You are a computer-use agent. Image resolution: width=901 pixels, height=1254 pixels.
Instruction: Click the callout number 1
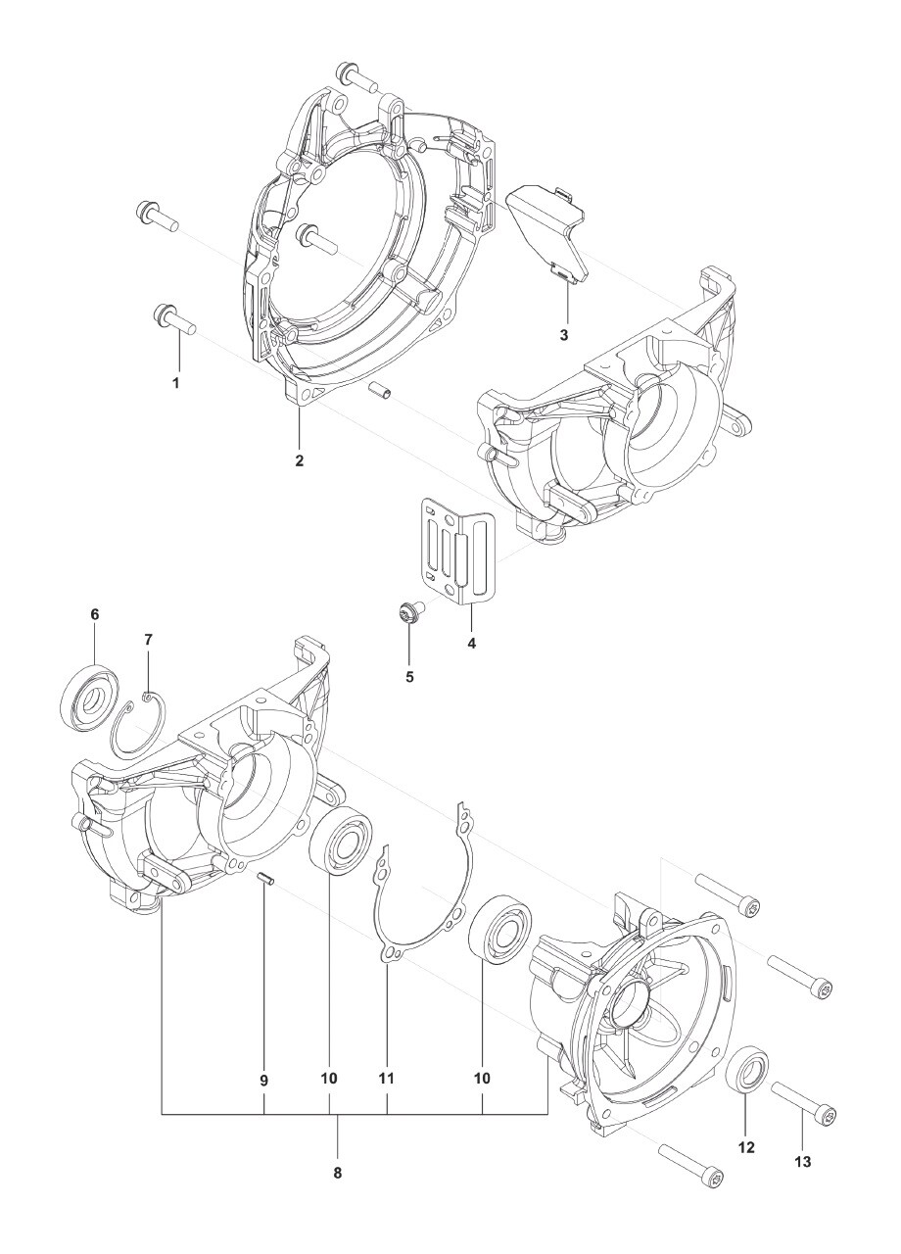tap(176, 383)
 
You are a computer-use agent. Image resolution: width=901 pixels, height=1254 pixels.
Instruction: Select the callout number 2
tap(300, 459)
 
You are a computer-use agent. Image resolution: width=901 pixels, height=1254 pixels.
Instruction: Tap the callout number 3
tap(564, 335)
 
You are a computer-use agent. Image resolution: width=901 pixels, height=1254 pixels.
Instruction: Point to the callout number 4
tap(471, 644)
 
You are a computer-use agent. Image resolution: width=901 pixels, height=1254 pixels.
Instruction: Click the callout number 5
tap(410, 676)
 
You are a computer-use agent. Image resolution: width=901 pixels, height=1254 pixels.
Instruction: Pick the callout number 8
tap(338, 1171)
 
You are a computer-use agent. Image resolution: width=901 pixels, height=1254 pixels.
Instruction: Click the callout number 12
tap(746, 1145)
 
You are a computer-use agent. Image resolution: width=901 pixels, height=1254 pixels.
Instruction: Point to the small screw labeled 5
tap(407, 614)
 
